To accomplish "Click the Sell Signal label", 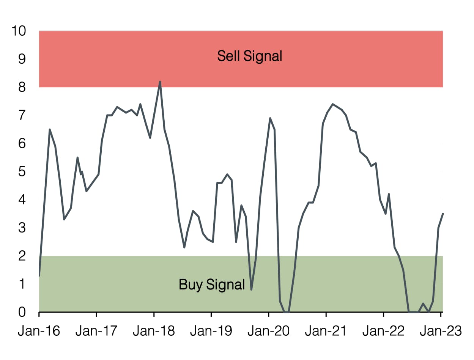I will (250, 56).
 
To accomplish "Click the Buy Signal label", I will (212, 284).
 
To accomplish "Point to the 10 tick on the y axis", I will (19, 31).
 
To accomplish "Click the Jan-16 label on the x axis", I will (39, 331).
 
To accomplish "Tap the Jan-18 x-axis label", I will (154, 331).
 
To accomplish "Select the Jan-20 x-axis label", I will (268, 331).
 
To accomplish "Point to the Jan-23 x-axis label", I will (441, 331).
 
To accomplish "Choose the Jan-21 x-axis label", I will (326, 331).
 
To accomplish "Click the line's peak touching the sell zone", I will (160, 82).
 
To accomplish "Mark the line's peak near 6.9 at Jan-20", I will (270, 118).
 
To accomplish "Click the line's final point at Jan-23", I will (443, 214).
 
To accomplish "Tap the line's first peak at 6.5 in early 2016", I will (50, 129).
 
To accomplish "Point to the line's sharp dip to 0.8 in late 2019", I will (251, 289).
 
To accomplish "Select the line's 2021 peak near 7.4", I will (332, 104).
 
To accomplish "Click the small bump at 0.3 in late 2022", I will (423, 303).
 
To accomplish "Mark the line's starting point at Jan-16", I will (39, 275).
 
